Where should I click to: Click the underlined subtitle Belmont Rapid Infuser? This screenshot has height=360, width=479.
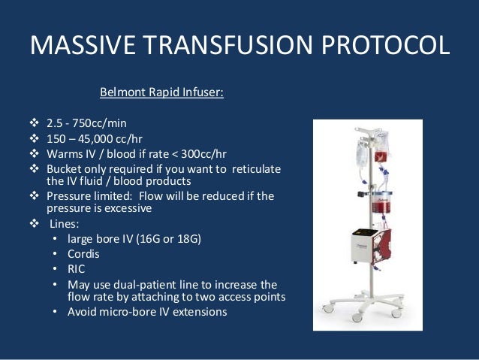(x=162, y=94)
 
